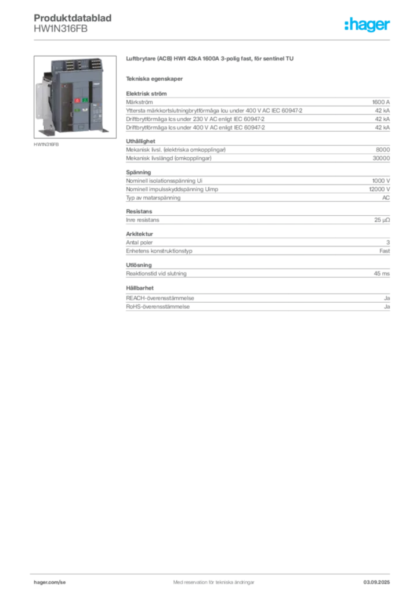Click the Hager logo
point(367,24)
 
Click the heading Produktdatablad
point(73,18)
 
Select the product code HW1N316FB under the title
point(60,29)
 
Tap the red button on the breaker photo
point(77,100)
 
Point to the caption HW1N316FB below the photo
point(46,144)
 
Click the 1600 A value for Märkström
point(381,102)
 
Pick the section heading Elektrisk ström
point(146,93)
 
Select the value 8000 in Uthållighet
point(383,150)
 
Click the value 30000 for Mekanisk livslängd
point(381,158)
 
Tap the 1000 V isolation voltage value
point(381,181)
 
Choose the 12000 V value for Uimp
point(379,189)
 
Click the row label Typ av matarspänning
point(153,198)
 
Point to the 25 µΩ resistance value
point(382,220)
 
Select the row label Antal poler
point(139,242)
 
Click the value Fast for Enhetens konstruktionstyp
point(385,251)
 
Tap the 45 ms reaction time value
point(381,274)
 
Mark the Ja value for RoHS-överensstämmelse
point(387,306)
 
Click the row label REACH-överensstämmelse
point(160,298)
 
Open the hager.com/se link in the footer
point(50,582)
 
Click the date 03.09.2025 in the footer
point(376,582)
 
